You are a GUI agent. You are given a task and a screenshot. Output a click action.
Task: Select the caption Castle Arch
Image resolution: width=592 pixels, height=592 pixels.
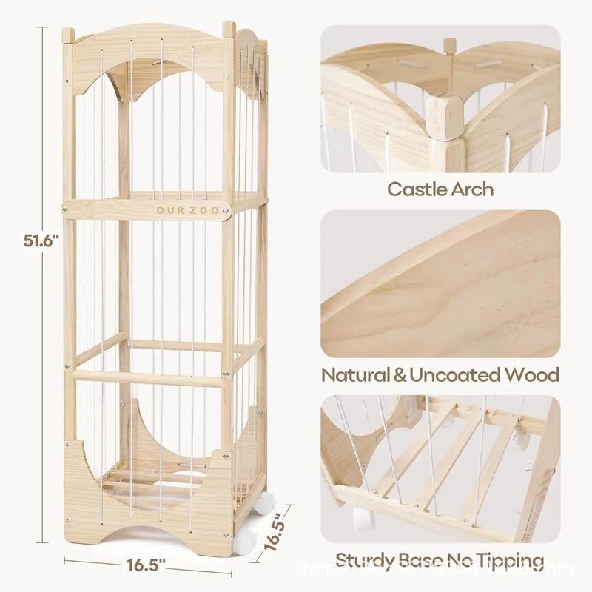pyautogui.click(x=440, y=188)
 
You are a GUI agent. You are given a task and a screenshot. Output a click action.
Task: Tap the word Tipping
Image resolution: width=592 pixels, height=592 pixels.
pyautogui.click(x=510, y=560)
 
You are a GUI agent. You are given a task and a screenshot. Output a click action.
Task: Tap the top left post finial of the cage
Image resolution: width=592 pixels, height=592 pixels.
pyautogui.click(x=68, y=35)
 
